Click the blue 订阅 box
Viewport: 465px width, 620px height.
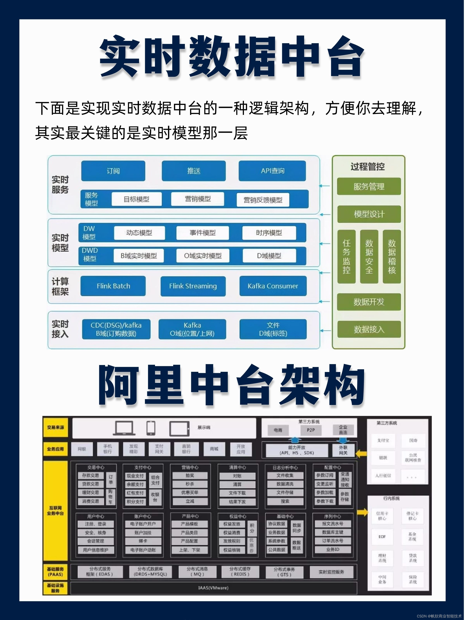tap(113, 171)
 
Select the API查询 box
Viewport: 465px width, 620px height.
tap(272, 171)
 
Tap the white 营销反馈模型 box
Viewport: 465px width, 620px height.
tap(263, 200)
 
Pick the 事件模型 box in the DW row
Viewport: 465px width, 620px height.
tap(202, 233)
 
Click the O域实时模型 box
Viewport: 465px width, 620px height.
tap(203, 256)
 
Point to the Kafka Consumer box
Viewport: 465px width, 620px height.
tap(273, 286)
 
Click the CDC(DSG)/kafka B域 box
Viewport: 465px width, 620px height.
tap(116, 329)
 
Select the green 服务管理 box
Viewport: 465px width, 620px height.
tap(369, 186)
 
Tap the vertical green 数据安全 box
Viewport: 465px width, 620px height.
tap(369, 257)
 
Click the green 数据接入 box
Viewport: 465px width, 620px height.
tap(369, 329)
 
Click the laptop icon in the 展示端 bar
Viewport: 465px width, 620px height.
tap(123, 428)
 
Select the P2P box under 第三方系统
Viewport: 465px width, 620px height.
tap(311, 430)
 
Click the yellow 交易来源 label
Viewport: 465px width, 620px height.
tap(55, 427)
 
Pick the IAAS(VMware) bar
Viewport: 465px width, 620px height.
tap(213, 588)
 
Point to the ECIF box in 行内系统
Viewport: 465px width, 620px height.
tap(382, 536)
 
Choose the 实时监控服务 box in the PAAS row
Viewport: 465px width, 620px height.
tap(331, 572)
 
